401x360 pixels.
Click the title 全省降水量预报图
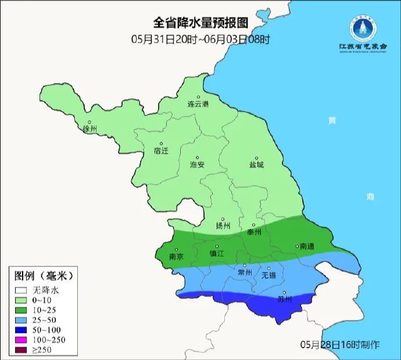pyautogui.click(x=201, y=23)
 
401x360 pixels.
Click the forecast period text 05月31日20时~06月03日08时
pyautogui.click(x=201, y=40)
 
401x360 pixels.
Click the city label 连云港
pyautogui.click(x=198, y=105)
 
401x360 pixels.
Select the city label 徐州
pyautogui.click(x=91, y=129)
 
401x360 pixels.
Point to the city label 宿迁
pyautogui.click(x=161, y=151)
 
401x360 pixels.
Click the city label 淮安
pyautogui.click(x=198, y=165)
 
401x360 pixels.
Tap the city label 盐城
pyautogui.click(x=256, y=165)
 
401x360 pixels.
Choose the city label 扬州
pyautogui.click(x=223, y=226)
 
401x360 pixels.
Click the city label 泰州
pyautogui.click(x=255, y=232)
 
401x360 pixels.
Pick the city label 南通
pyautogui.click(x=306, y=247)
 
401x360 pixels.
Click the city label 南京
pyautogui.click(x=176, y=256)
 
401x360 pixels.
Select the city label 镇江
pyautogui.click(x=217, y=254)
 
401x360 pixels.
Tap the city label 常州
pyautogui.click(x=245, y=272)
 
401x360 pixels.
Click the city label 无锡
pyautogui.click(x=268, y=275)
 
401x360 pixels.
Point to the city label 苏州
pyautogui.click(x=284, y=300)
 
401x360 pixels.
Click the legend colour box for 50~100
pyautogui.click(x=22, y=330)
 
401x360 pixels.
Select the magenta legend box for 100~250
pyautogui.click(x=22, y=340)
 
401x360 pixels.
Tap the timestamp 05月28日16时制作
pyautogui.click(x=340, y=344)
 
